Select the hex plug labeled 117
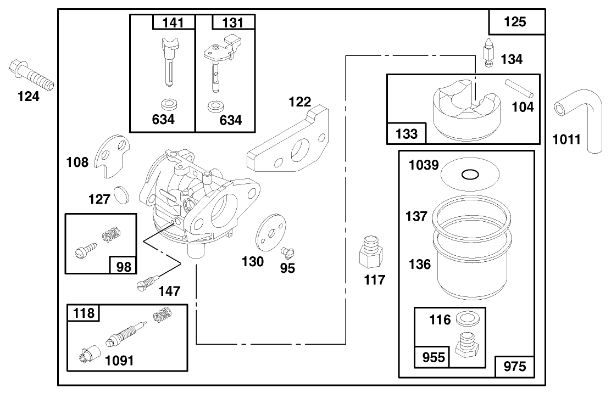click(371, 252)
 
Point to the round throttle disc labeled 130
click(271, 233)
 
